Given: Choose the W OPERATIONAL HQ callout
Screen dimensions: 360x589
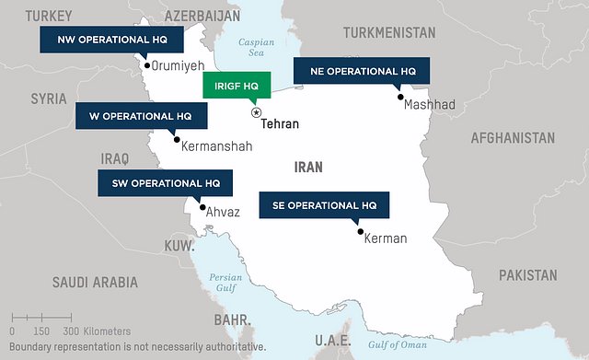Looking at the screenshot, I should click(x=135, y=117).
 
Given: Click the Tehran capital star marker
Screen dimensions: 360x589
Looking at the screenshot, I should click(x=256, y=111).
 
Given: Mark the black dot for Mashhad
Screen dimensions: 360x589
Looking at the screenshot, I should click(x=399, y=96).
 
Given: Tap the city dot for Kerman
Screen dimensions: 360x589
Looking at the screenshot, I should click(x=360, y=231).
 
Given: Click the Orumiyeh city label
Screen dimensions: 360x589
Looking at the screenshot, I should click(x=179, y=65).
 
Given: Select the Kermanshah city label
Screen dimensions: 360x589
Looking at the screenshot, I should click(x=217, y=145).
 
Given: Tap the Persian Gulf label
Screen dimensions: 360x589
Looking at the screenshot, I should click(x=225, y=282).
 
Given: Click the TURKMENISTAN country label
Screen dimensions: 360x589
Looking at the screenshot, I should click(x=389, y=32).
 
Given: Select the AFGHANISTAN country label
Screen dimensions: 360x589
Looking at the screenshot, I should click(x=513, y=138).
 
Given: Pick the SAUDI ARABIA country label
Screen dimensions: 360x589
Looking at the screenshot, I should click(x=95, y=283).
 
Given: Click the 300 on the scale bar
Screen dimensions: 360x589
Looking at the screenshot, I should click(x=69, y=331).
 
